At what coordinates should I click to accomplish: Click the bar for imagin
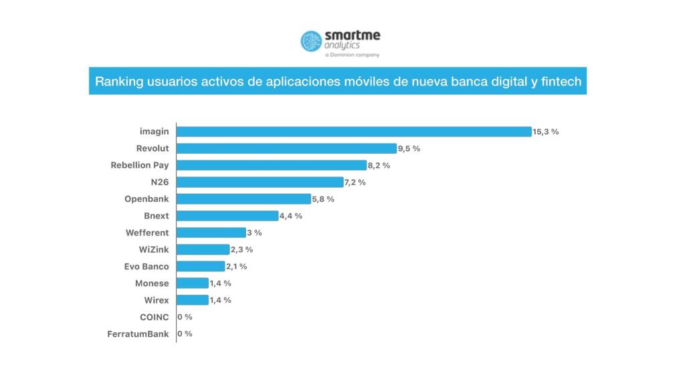(x=354, y=132)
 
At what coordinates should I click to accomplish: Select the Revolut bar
(x=286, y=148)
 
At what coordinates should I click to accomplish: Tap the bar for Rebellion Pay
(x=272, y=165)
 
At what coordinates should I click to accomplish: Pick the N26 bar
(x=260, y=182)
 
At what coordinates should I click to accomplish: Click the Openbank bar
(x=244, y=199)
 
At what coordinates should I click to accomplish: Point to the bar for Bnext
(x=227, y=216)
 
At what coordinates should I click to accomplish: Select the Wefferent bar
(x=211, y=233)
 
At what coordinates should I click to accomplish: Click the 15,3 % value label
(x=546, y=132)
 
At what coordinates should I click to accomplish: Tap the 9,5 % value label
(x=409, y=148)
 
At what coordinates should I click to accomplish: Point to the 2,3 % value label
(x=242, y=249)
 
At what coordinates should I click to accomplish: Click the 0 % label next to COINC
(x=185, y=317)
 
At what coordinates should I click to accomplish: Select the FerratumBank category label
(x=138, y=334)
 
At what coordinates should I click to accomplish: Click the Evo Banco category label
(x=146, y=266)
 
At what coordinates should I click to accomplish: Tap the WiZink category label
(x=153, y=249)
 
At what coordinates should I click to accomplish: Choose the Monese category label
(x=152, y=283)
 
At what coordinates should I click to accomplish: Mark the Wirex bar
(x=193, y=300)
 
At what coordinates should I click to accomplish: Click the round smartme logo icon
(x=311, y=41)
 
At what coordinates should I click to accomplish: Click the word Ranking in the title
(x=115, y=82)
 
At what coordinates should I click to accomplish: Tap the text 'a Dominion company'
(x=352, y=55)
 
